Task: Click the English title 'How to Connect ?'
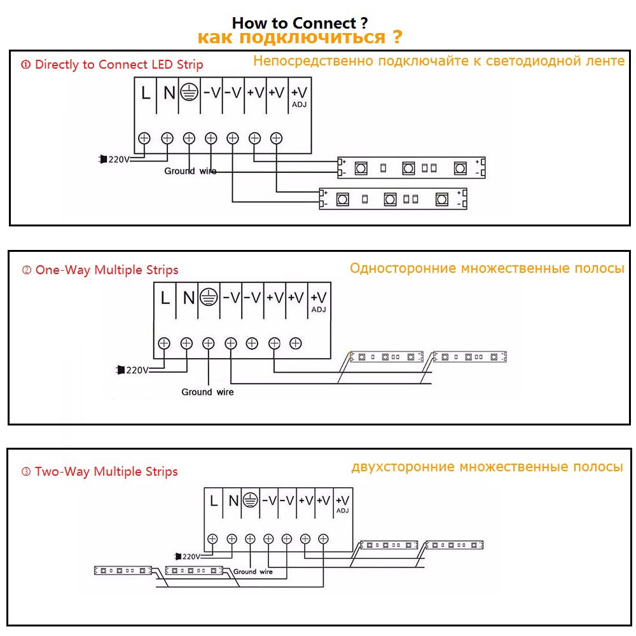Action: point(300,24)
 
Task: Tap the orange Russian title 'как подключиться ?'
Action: point(300,38)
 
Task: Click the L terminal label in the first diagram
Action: point(146,93)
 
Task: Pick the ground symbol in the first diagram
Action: point(187,93)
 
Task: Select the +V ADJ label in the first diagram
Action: point(298,96)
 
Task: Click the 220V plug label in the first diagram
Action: point(114,159)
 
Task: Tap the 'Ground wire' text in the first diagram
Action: point(190,171)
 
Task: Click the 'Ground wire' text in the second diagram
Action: point(207,392)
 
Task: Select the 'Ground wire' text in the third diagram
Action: point(252,571)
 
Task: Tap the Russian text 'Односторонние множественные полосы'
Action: point(487,268)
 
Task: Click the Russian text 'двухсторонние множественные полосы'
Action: point(487,467)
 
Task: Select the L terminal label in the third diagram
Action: point(214,501)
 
